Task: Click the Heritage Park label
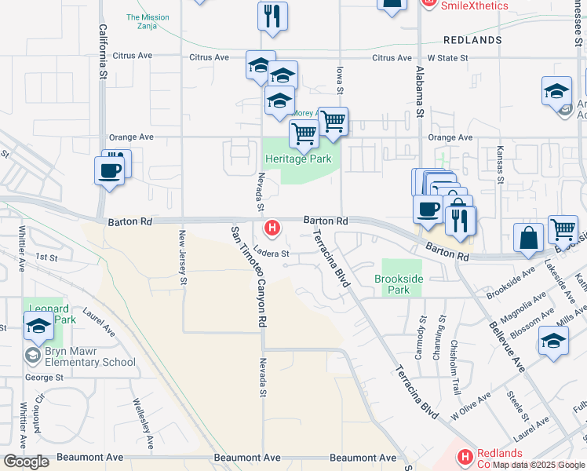pyautogui.click(x=298, y=159)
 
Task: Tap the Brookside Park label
pyautogui.click(x=399, y=284)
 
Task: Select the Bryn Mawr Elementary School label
pyautogui.click(x=89, y=357)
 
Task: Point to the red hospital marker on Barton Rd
pyautogui.click(x=272, y=229)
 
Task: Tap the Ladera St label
pyautogui.click(x=272, y=254)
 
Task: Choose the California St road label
pyautogui.click(x=103, y=51)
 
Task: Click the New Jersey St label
pyautogui.click(x=183, y=257)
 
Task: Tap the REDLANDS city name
pyautogui.click(x=472, y=39)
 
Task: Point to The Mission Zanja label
pyautogui.click(x=148, y=22)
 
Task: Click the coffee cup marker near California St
pyautogui.click(x=109, y=170)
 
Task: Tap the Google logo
pyautogui.click(x=27, y=462)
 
